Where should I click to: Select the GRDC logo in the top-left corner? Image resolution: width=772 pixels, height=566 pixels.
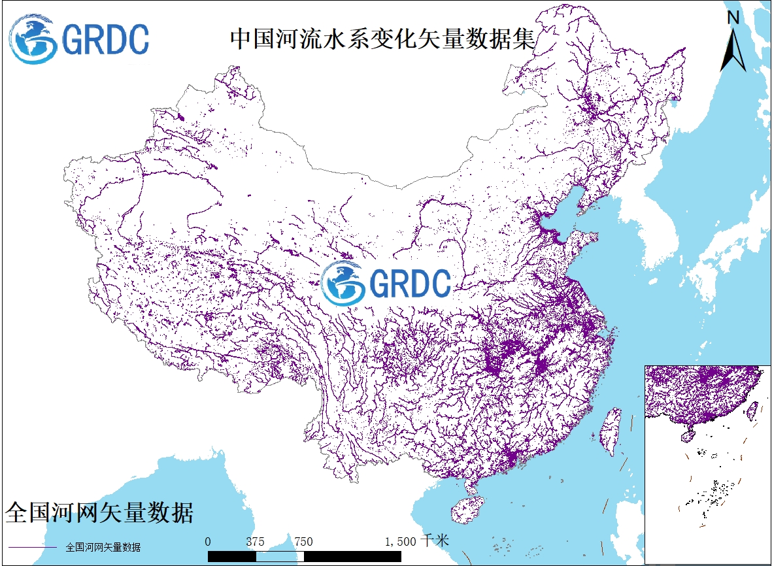pos(79,40)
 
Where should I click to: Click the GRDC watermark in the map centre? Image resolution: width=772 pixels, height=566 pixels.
pos(386,283)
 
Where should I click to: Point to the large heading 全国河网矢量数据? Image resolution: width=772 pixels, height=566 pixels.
pos(99,512)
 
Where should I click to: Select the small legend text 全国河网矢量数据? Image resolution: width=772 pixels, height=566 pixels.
pos(103,547)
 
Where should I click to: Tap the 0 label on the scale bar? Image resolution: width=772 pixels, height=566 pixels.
pos(208,541)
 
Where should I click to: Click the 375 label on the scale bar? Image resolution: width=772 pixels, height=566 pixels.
pos(256,541)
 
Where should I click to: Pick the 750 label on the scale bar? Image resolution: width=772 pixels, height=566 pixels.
pos(303,541)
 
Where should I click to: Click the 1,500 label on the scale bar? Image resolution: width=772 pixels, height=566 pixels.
pos(401,541)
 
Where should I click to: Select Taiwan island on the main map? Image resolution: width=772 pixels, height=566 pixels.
pos(611,431)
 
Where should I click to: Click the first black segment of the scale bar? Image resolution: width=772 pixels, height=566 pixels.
pos(231,556)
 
